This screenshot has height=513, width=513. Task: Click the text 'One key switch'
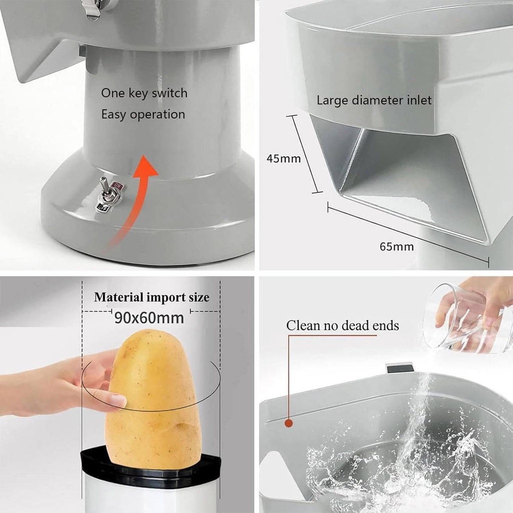(144, 93)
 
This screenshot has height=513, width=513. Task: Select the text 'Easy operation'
(143, 115)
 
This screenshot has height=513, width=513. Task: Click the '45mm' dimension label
(284, 159)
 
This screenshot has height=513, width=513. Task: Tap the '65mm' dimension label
(397, 246)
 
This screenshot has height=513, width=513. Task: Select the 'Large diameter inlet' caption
(374, 100)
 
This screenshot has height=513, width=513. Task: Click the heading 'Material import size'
(152, 297)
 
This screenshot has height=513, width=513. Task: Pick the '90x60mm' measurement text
(149, 317)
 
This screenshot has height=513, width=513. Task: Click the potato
(153, 401)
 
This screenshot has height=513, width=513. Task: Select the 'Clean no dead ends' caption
(343, 326)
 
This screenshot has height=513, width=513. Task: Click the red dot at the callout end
(289, 423)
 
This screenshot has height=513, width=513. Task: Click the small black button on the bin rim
(400, 368)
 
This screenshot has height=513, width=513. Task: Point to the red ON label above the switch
(117, 185)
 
